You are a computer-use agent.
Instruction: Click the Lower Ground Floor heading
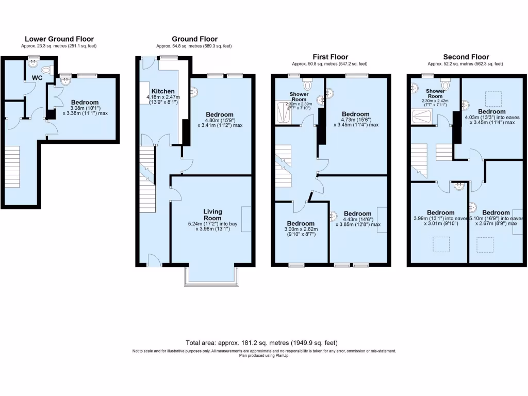click(59, 39)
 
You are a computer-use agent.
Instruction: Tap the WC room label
click(37, 78)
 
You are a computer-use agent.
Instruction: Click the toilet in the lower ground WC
click(45, 71)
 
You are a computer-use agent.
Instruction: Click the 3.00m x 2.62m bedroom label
click(302, 223)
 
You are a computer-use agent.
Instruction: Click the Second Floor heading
click(466, 57)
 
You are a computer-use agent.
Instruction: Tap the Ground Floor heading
click(194, 39)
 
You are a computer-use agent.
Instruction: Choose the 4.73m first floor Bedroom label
click(355, 114)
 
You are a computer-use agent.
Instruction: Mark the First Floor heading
click(330, 57)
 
